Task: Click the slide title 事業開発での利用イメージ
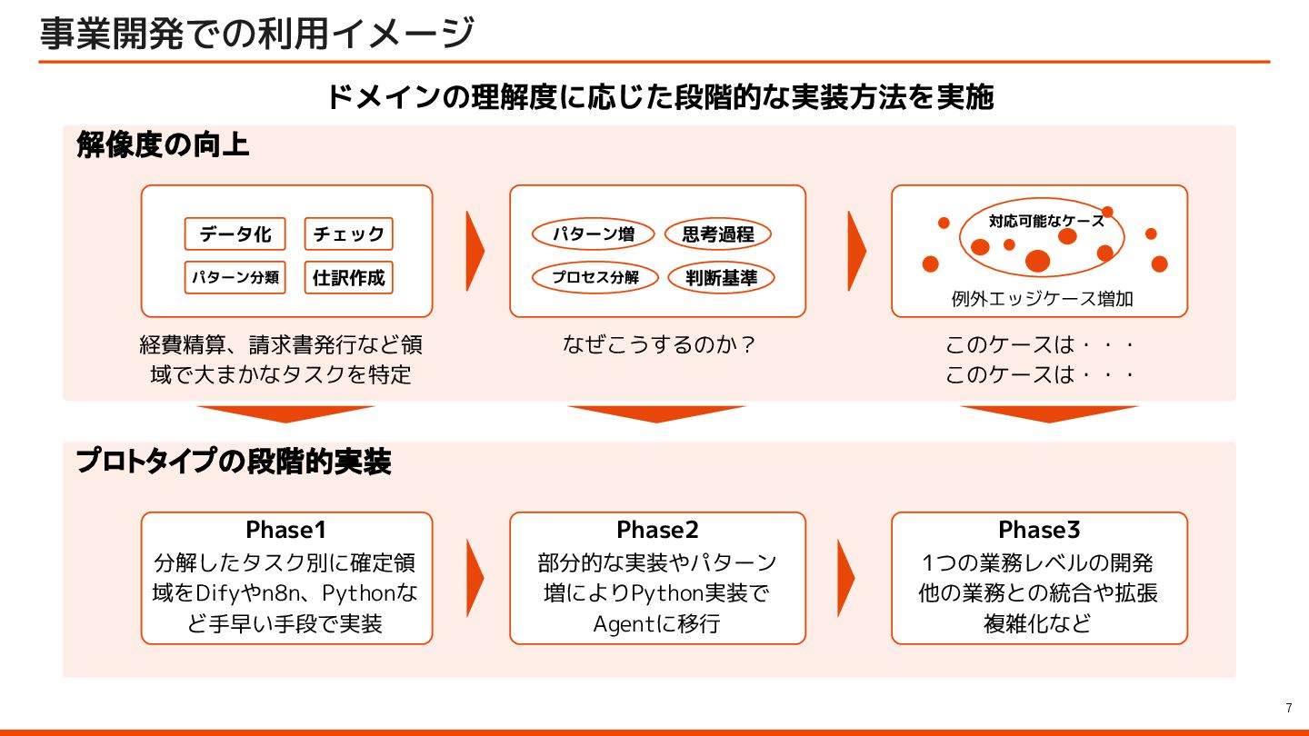[x=257, y=34]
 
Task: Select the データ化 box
[x=235, y=234]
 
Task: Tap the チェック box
[x=349, y=234]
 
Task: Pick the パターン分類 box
[x=235, y=277]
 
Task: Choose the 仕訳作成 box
[x=349, y=277]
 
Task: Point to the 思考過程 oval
[x=718, y=234]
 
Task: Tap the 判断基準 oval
[x=721, y=277]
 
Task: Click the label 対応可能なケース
[x=1046, y=220]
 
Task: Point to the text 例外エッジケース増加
[x=1042, y=298]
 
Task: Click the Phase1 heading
[x=286, y=530]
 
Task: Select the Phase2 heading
[x=657, y=530]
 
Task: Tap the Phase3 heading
[x=1039, y=530]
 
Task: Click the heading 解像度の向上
[x=163, y=144]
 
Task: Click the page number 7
[x=1288, y=708]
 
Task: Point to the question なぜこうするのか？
[x=658, y=345]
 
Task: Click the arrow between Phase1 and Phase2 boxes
[x=475, y=578]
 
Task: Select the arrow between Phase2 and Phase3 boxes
[x=845, y=578]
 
